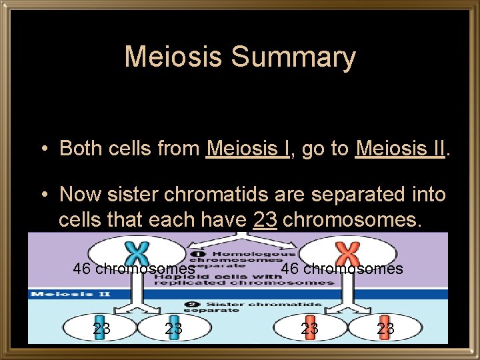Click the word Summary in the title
(x=293, y=57)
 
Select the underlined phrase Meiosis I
(x=247, y=148)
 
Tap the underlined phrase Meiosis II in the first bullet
(x=400, y=148)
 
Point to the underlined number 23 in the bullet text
(x=265, y=219)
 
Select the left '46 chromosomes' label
(x=133, y=269)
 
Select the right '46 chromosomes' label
(x=342, y=269)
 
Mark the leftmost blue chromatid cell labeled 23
(x=101, y=328)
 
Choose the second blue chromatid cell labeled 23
(x=173, y=328)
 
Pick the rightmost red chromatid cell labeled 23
(x=385, y=328)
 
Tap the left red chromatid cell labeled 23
(x=309, y=328)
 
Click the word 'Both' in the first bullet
(x=79, y=148)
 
